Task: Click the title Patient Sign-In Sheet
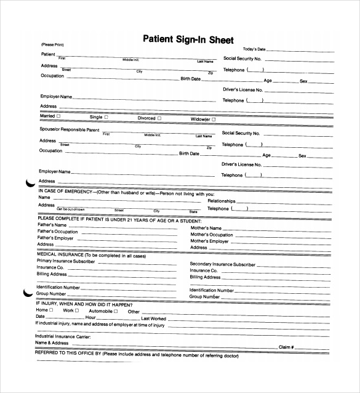[x=188, y=40]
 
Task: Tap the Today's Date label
[x=254, y=49]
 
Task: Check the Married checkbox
[x=59, y=116]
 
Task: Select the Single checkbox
[x=106, y=116]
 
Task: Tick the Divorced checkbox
[x=159, y=118]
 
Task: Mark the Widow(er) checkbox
[x=214, y=119]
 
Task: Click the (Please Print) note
[x=52, y=45]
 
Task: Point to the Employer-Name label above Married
[x=57, y=97]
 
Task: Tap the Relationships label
[x=222, y=201]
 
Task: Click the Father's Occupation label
[x=58, y=232]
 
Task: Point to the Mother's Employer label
[x=209, y=241]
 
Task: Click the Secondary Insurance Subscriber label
[x=222, y=264]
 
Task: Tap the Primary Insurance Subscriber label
[x=66, y=261]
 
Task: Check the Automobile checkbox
[x=114, y=310]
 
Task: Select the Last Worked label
[x=154, y=318]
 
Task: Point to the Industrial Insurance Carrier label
[x=63, y=336]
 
